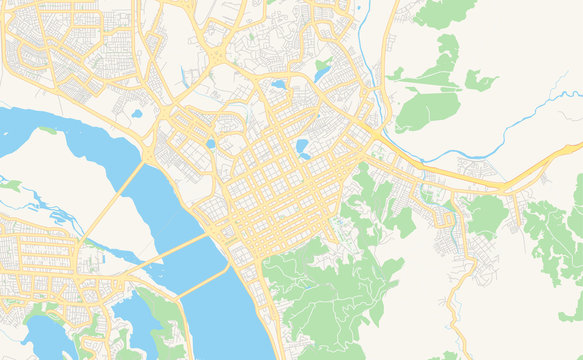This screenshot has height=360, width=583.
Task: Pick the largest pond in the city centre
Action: (303, 149)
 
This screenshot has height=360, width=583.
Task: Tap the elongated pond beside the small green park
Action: (322, 71)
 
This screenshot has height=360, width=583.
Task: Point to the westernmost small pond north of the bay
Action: (137, 113)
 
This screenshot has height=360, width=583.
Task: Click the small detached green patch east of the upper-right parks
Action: (480, 81)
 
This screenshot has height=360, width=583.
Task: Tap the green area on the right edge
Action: (555, 235)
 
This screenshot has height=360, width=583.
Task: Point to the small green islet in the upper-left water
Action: (47, 130)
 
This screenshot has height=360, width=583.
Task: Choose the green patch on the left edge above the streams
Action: (10, 184)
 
